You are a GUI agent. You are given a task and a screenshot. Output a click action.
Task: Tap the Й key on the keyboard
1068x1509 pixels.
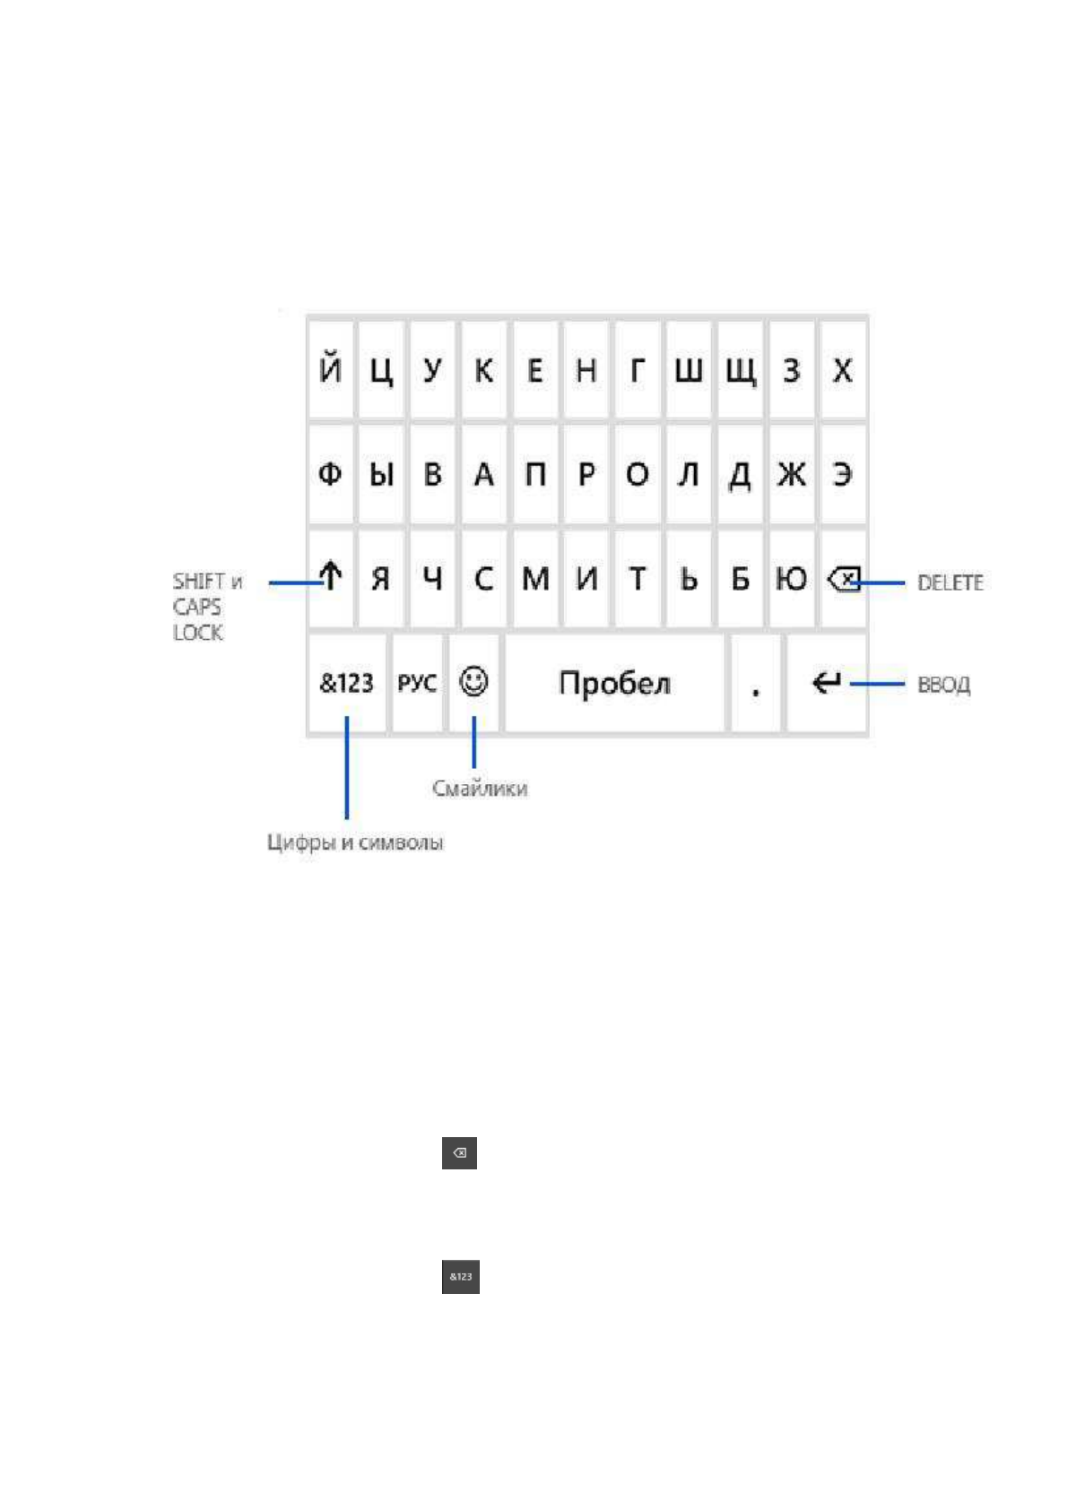point(330,369)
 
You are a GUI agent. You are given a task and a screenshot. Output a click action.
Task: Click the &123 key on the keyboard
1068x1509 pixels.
point(346,684)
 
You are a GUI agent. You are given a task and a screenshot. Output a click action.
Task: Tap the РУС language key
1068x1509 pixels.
point(417,684)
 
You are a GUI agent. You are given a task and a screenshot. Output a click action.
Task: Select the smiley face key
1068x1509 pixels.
point(473,682)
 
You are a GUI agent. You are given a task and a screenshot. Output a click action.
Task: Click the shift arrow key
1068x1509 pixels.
point(331,578)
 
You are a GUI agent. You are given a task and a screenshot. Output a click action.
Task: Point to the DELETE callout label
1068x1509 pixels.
point(950,583)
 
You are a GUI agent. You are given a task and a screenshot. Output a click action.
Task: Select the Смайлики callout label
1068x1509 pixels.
point(480,789)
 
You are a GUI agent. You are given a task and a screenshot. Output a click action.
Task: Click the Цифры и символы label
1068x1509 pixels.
point(355,843)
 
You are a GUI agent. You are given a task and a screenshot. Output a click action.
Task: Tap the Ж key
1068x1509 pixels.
point(791,474)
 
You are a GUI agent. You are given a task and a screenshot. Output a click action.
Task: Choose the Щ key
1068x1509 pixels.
point(740,370)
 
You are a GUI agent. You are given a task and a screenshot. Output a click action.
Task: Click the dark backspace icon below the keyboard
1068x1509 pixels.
point(459,1153)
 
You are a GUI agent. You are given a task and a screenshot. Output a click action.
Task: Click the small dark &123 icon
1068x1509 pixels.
point(461,1277)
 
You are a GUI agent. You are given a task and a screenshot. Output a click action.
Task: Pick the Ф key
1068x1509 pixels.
point(330,474)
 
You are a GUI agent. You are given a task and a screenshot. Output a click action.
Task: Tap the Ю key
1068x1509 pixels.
point(791,579)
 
